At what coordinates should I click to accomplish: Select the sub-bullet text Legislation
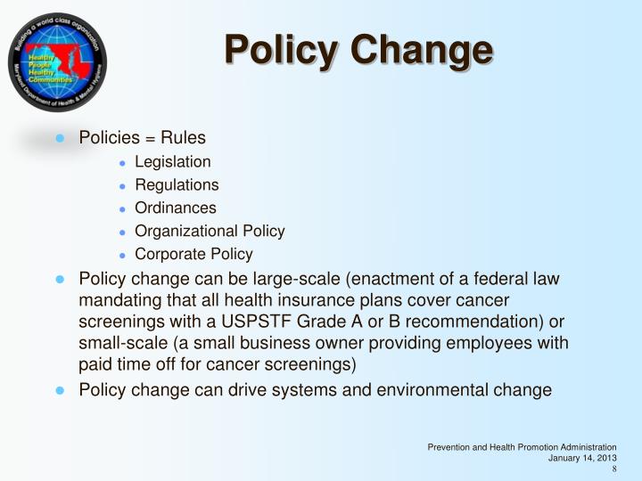173,162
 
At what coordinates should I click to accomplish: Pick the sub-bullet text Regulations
177,185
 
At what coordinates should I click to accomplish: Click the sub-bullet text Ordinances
176,208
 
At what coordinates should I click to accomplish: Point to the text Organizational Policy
210,231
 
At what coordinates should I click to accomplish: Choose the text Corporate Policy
193,254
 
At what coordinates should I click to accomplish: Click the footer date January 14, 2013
582,458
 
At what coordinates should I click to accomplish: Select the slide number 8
613,469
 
